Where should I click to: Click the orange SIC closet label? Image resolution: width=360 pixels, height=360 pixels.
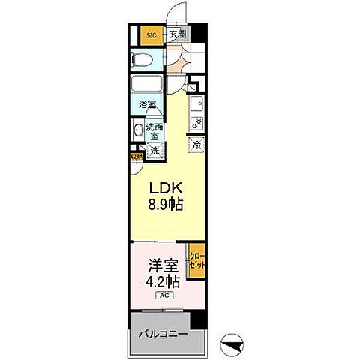pos(151,34)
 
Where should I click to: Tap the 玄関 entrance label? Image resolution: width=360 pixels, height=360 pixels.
pos(176,34)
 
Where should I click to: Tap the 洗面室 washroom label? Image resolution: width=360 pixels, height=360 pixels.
pos(154,132)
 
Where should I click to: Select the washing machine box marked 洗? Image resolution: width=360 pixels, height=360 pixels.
pos(154,150)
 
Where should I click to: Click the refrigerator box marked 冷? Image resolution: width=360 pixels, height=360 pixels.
pos(196,145)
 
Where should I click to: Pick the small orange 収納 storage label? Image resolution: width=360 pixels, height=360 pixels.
pos(136,157)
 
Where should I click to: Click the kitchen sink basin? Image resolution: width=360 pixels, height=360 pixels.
pos(196,103)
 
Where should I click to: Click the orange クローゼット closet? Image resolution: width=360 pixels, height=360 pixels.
pos(196,262)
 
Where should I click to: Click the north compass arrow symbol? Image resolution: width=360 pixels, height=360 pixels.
pos(235,343)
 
